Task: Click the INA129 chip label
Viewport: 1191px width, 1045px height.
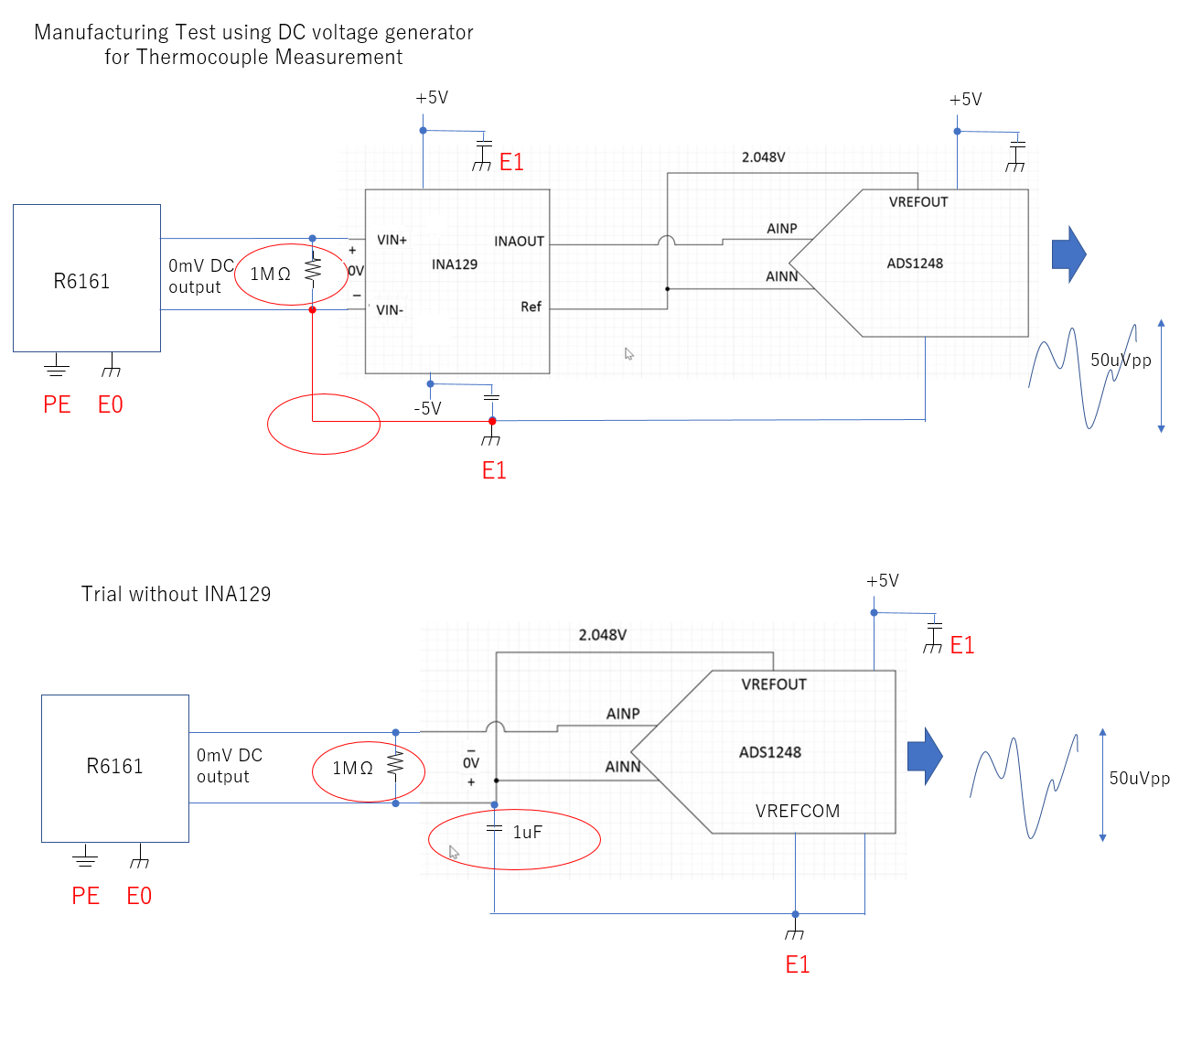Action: click(x=455, y=264)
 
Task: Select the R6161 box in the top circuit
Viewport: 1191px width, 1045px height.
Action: click(x=86, y=278)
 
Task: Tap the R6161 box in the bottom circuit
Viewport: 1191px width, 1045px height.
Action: click(x=114, y=768)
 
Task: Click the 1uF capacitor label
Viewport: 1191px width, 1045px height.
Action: click(x=527, y=832)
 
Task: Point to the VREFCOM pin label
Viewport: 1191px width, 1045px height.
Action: click(x=797, y=811)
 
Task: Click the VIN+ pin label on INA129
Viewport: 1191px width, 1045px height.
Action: click(x=392, y=240)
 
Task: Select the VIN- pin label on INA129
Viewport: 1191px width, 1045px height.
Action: click(x=390, y=310)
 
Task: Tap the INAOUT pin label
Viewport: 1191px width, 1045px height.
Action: click(x=519, y=242)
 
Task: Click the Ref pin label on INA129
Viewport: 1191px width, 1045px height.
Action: click(x=531, y=307)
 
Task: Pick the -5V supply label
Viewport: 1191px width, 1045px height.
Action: click(x=427, y=408)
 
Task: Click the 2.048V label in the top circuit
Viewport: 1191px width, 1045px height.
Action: click(x=763, y=157)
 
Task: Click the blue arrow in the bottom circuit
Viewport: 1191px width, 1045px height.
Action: click(x=924, y=756)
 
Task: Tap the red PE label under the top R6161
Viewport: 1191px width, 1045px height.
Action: click(x=57, y=404)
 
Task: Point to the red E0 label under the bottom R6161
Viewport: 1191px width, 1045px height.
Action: click(x=139, y=896)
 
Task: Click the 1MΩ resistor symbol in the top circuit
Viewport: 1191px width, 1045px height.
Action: click(x=313, y=270)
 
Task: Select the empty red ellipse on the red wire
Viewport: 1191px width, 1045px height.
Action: click(x=323, y=424)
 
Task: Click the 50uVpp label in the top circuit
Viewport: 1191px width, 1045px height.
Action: click(x=1121, y=360)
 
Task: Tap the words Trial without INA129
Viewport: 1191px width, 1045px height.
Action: click(x=176, y=594)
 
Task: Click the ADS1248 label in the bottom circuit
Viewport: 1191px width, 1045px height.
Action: click(x=769, y=752)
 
